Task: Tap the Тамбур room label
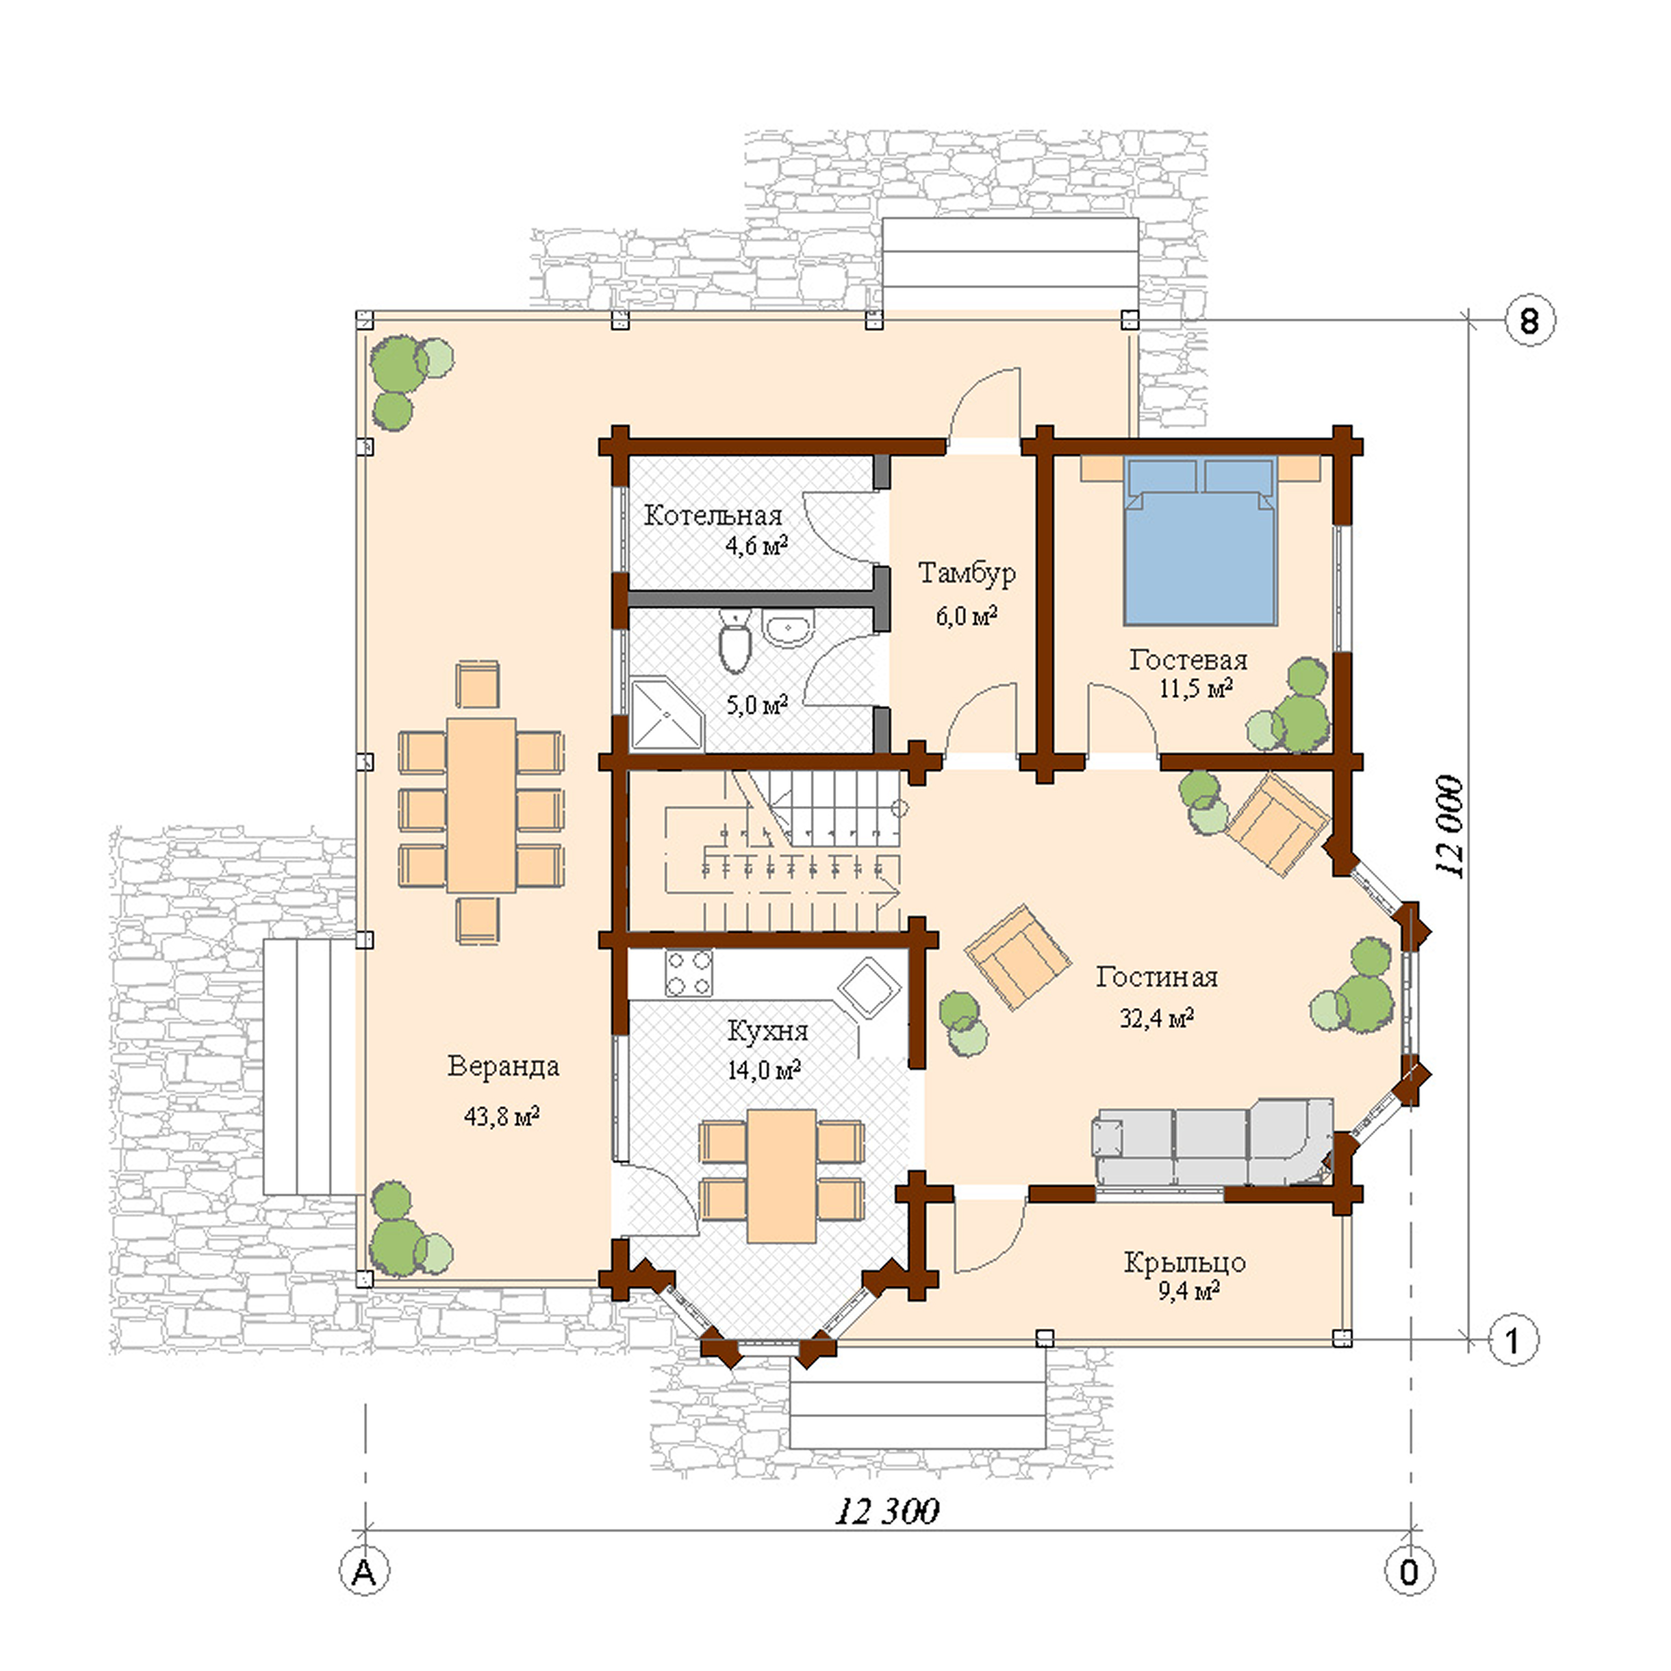coord(966,573)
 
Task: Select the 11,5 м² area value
coord(1196,689)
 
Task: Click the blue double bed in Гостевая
coord(1200,545)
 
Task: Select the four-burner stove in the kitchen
coord(689,973)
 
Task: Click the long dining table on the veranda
coord(481,805)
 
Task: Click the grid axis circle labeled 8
coord(1529,321)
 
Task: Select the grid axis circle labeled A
coord(364,1572)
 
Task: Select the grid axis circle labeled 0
coord(1409,1572)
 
